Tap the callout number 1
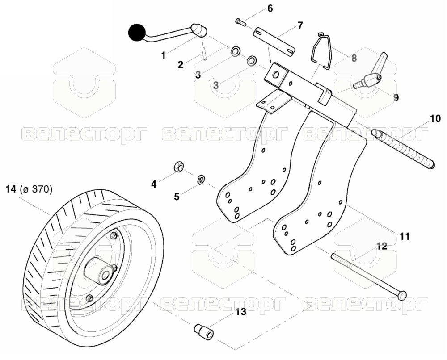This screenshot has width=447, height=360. (163, 55)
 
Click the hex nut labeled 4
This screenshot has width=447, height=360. (179, 166)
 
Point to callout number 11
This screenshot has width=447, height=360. (405, 236)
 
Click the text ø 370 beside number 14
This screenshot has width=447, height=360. (36, 189)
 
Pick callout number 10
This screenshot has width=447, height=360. (435, 118)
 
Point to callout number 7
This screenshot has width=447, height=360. (300, 25)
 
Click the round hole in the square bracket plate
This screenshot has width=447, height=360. (276, 75)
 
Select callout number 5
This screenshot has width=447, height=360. (177, 197)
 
